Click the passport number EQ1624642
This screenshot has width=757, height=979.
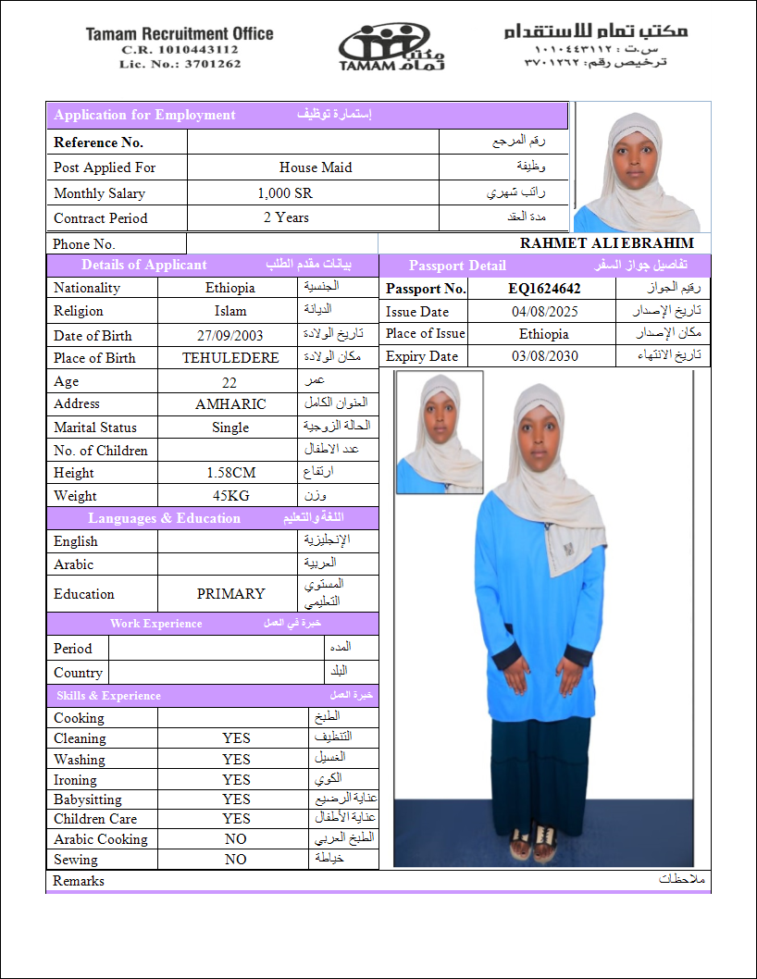tap(544, 289)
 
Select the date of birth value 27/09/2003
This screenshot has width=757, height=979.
tap(230, 336)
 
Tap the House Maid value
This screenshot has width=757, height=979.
tap(316, 167)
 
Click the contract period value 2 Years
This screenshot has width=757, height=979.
tap(286, 217)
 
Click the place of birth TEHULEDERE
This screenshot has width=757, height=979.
tap(230, 358)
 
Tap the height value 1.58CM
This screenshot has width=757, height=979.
tap(230, 473)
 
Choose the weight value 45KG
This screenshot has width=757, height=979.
tap(230, 496)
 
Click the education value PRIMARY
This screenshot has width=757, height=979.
tap(230, 594)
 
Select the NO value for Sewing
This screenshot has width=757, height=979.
tap(236, 860)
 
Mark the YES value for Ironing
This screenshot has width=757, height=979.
tap(236, 780)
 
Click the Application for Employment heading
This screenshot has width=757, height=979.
tap(144, 116)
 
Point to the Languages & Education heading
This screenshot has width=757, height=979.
tap(164, 518)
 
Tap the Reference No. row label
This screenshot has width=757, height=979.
tap(98, 143)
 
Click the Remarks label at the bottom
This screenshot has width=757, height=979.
tap(79, 881)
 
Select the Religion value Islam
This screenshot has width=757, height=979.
tap(230, 312)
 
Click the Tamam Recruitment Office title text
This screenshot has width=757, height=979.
tap(180, 34)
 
